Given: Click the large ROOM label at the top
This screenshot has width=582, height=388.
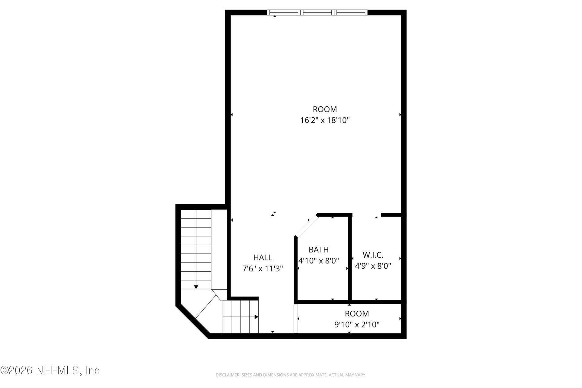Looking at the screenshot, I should pos(325,109).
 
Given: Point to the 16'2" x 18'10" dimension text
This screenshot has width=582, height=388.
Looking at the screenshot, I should pos(325,120).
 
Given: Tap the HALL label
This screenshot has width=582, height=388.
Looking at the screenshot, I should pos(263,257).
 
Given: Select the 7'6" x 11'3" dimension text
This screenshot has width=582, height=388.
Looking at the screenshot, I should pos(263,269).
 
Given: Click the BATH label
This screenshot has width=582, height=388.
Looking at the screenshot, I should pos(319,249).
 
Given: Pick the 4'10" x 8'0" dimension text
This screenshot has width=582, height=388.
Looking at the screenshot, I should pos(319,261).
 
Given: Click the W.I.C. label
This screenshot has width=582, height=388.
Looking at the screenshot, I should pos(373,255).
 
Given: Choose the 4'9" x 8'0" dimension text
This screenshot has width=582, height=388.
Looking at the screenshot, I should pos(373,266).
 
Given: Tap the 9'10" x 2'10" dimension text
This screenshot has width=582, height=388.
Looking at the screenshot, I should pos(357,325).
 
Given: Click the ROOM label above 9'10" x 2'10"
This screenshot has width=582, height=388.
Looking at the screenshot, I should pos(357,313).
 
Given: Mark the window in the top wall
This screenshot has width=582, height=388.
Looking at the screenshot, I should pos(317,12).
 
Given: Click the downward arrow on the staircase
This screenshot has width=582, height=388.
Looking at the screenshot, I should pos(196,286).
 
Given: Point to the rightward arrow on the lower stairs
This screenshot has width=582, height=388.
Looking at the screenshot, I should pos(256,317).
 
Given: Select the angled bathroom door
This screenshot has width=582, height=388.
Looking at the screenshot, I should pos(306,226).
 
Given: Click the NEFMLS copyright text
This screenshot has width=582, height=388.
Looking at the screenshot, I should pos(50,370).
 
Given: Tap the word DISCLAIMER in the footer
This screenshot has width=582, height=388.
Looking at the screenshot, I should pos(227,375).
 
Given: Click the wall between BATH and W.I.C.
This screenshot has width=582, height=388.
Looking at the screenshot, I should pos(350,258).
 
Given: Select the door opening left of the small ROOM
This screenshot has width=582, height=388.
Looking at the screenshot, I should pos(296,318).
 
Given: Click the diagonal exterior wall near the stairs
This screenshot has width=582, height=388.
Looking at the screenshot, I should pos(192,321).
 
